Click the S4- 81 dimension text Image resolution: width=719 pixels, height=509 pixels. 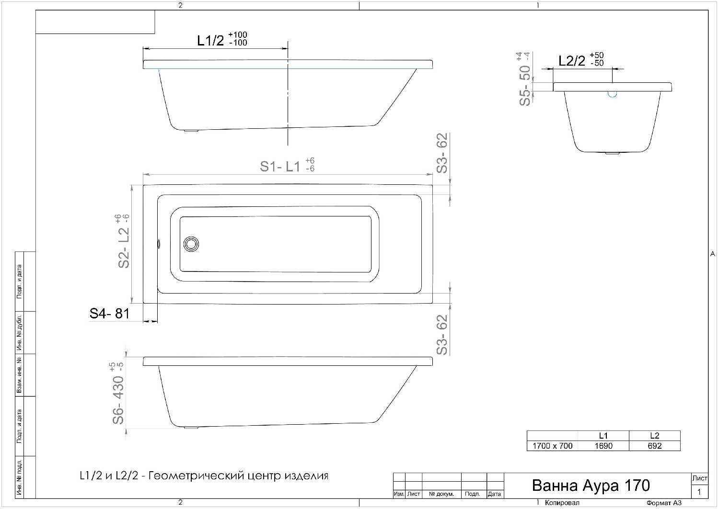(x=109, y=314)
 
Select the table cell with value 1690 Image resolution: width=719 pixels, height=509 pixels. (x=603, y=446)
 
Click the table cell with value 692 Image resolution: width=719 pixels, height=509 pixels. (x=654, y=446)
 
